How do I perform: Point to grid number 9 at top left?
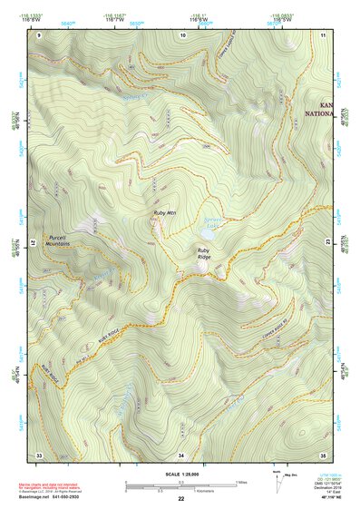click(x=39, y=34)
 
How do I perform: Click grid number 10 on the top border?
click(x=183, y=34)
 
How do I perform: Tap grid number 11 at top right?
click(x=324, y=34)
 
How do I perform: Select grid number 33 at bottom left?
click(x=39, y=454)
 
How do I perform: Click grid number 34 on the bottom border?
click(x=181, y=454)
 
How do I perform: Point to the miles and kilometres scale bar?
click(x=180, y=485)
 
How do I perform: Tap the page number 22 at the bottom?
click(x=180, y=498)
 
